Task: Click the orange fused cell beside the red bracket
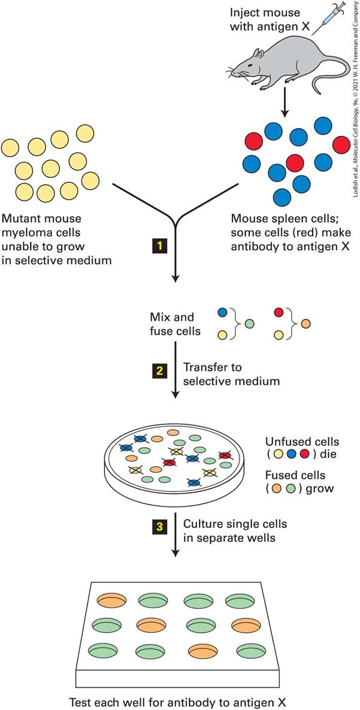[x=306, y=324]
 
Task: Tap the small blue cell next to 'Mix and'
[x=222, y=312]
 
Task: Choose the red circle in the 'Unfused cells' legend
[x=305, y=454]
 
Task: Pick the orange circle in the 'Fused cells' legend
[x=277, y=488]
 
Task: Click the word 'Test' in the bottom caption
[x=79, y=702]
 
